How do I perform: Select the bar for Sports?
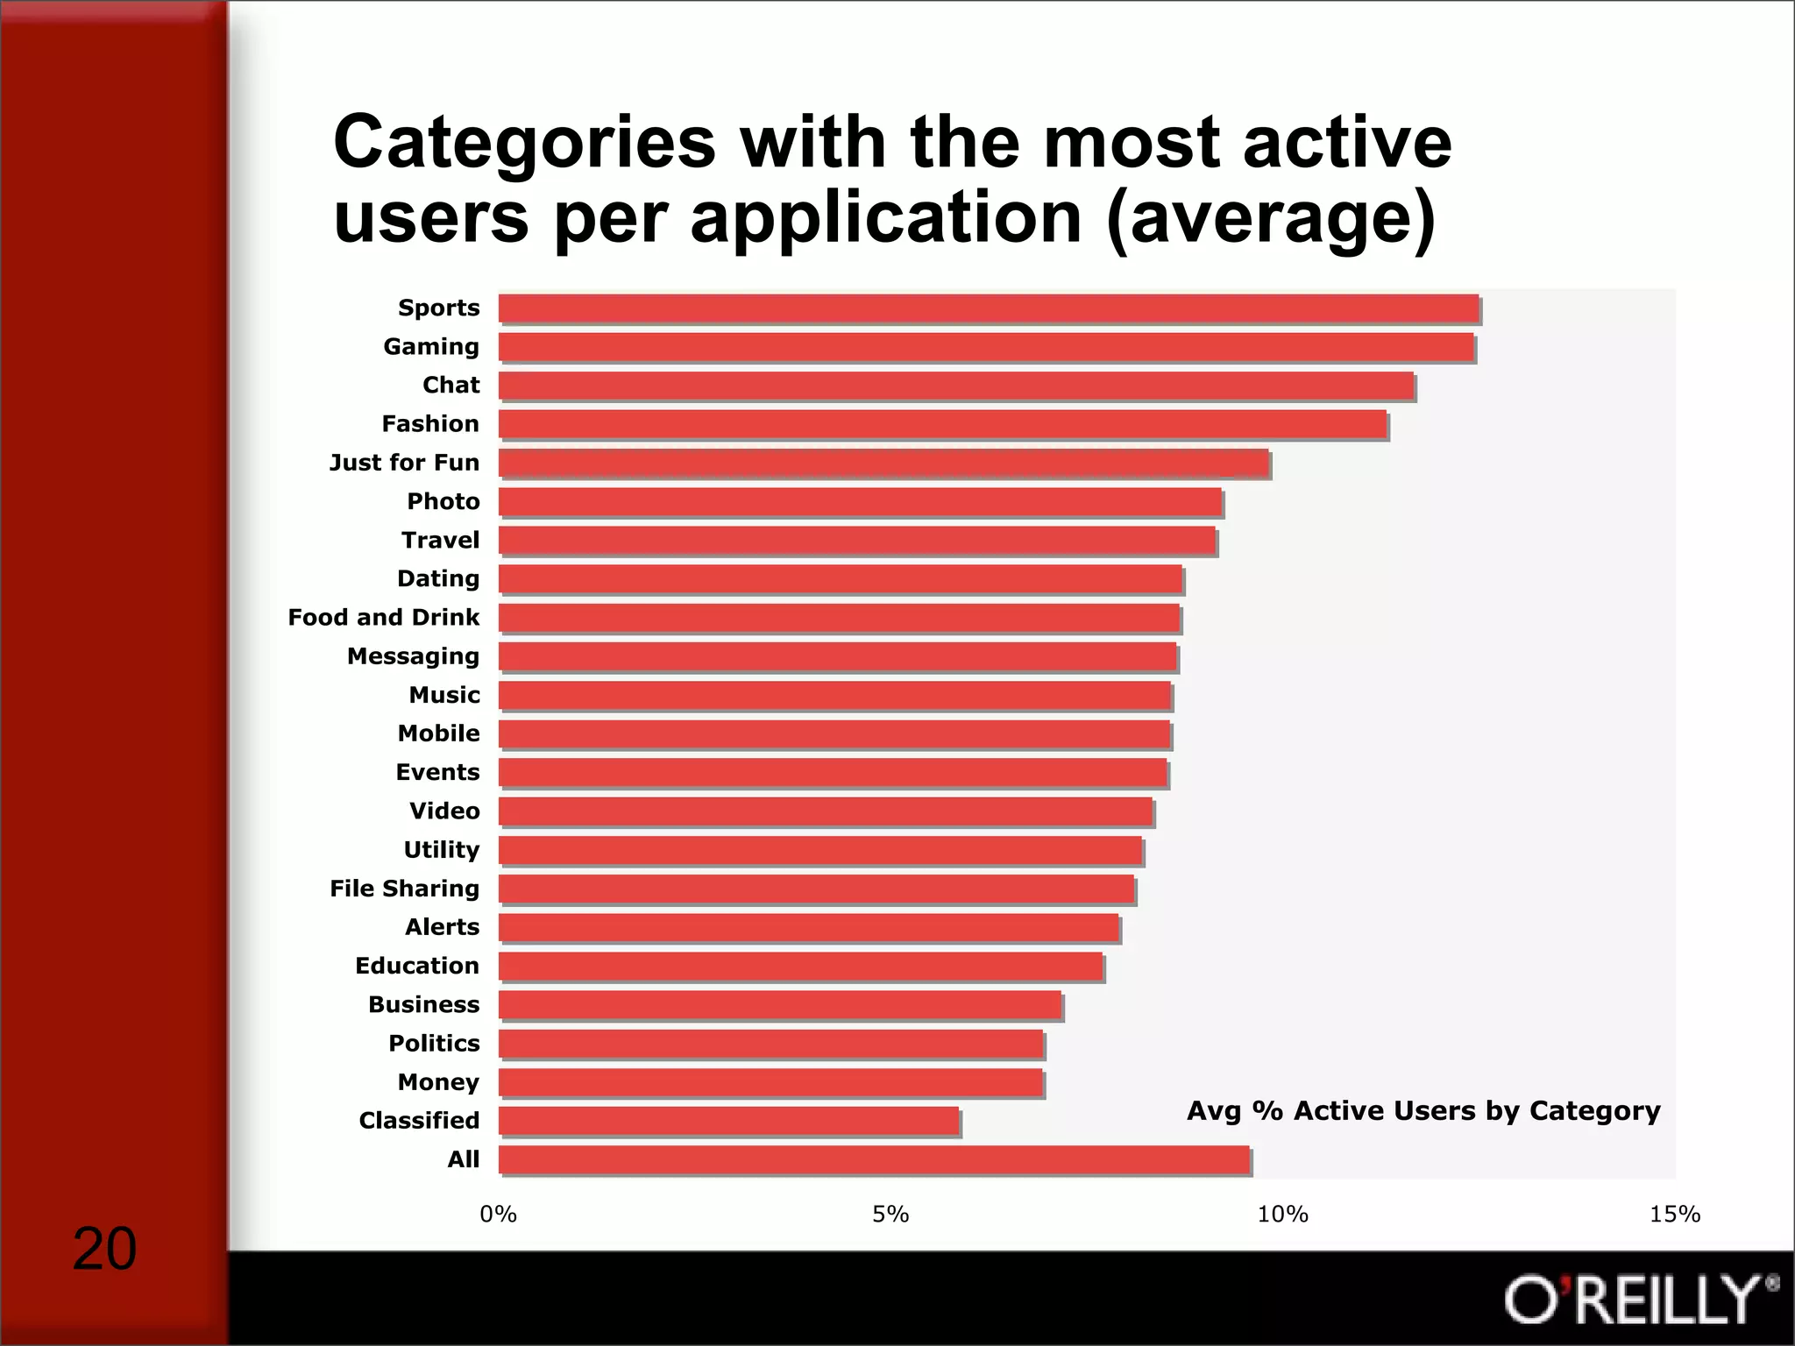pyautogui.click(x=989, y=308)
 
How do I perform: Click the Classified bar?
pyautogui.click(x=729, y=1121)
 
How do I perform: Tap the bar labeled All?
pyautogui.click(x=875, y=1159)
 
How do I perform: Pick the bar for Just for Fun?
pyautogui.click(x=883, y=463)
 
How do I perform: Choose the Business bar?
pyautogui.click(x=780, y=1005)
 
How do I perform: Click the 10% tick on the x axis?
pyautogui.click(x=1282, y=1215)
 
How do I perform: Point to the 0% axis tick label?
pyautogui.click(x=498, y=1215)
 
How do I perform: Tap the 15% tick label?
pyautogui.click(x=1674, y=1215)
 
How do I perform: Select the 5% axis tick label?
pyautogui.click(x=890, y=1215)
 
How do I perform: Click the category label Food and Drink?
pyautogui.click(x=384, y=618)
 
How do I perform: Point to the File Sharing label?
pyautogui.click(x=404, y=889)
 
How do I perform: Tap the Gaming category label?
pyautogui.click(x=431, y=347)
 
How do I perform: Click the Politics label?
pyautogui.click(x=434, y=1044)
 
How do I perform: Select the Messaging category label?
pyautogui.click(x=413, y=656)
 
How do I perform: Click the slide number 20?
pyautogui.click(x=104, y=1250)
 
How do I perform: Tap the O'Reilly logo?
pyautogui.click(x=1639, y=1300)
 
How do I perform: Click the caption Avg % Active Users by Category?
pyautogui.click(x=1423, y=1111)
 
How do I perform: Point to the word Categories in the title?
pyautogui.click(x=524, y=143)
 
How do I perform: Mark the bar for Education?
pyautogui.click(x=801, y=967)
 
